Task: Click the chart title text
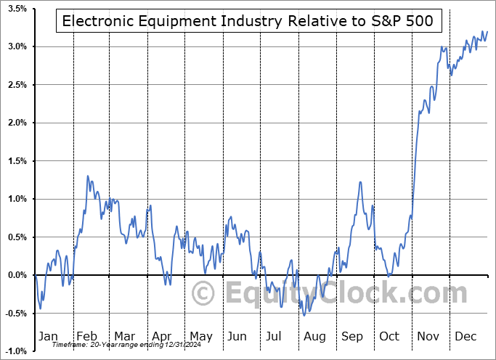point(248,20)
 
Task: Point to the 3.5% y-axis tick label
point(17,9)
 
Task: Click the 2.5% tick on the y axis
point(17,85)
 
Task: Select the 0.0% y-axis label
point(17,275)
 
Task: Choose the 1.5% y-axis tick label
point(17,161)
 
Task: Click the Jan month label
point(47,336)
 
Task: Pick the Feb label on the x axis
point(86,336)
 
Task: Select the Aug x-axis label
point(314,336)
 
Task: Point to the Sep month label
point(352,336)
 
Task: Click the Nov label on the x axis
point(428,336)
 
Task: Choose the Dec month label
point(466,336)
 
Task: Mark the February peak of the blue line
point(88,176)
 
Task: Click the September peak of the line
point(360,181)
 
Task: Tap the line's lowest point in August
point(304,314)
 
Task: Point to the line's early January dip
point(40,308)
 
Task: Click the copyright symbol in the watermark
point(203,294)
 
